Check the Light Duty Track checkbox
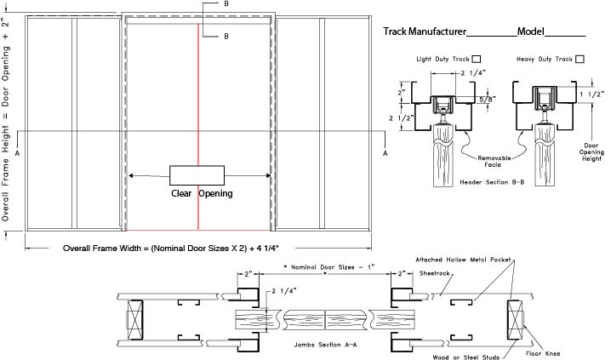476,59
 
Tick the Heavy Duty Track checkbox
580,59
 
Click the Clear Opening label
197,193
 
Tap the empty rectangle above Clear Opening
197,174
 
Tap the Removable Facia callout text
492,163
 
